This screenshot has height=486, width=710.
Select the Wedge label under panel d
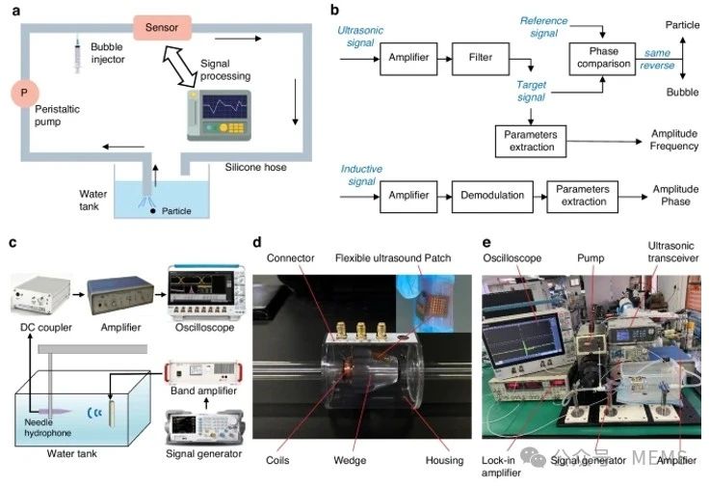(x=350, y=461)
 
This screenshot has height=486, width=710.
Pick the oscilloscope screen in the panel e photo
(x=521, y=343)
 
